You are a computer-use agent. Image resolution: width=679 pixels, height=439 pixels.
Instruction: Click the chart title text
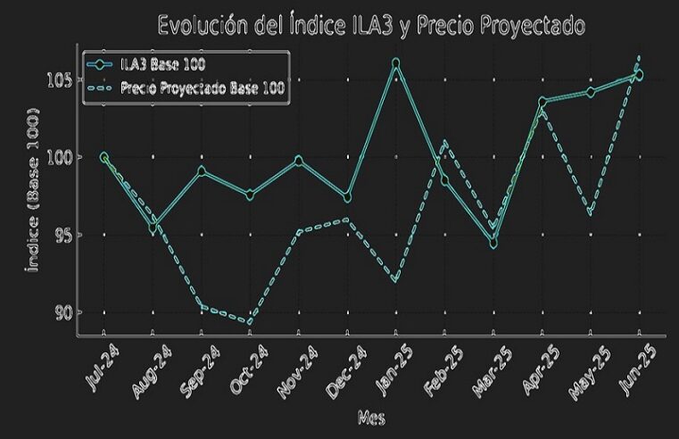point(371,25)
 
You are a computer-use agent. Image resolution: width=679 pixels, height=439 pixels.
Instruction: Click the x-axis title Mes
point(370,418)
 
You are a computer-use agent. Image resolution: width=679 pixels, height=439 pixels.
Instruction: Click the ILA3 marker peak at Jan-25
point(395,63)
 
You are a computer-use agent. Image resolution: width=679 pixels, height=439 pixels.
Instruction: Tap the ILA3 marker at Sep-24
point(202,170)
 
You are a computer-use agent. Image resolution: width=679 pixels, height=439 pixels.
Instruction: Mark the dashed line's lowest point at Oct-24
point(250,322)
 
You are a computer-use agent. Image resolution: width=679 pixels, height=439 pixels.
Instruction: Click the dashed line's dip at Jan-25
point(395,280)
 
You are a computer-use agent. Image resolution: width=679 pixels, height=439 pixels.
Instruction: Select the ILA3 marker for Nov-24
point(298,161)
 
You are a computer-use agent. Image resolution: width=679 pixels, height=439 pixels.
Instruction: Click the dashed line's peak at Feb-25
point(444,142)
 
